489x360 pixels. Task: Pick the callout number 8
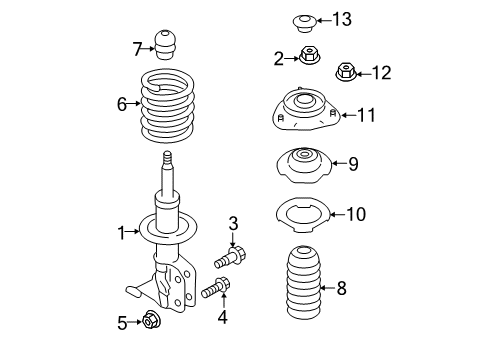[x=342, y=290]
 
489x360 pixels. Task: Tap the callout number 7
[x=138, y=47]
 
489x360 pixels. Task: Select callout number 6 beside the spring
[x=122, y=102]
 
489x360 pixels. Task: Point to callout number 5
[x=122, y=322]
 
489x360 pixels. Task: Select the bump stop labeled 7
[x=168, y=45]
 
